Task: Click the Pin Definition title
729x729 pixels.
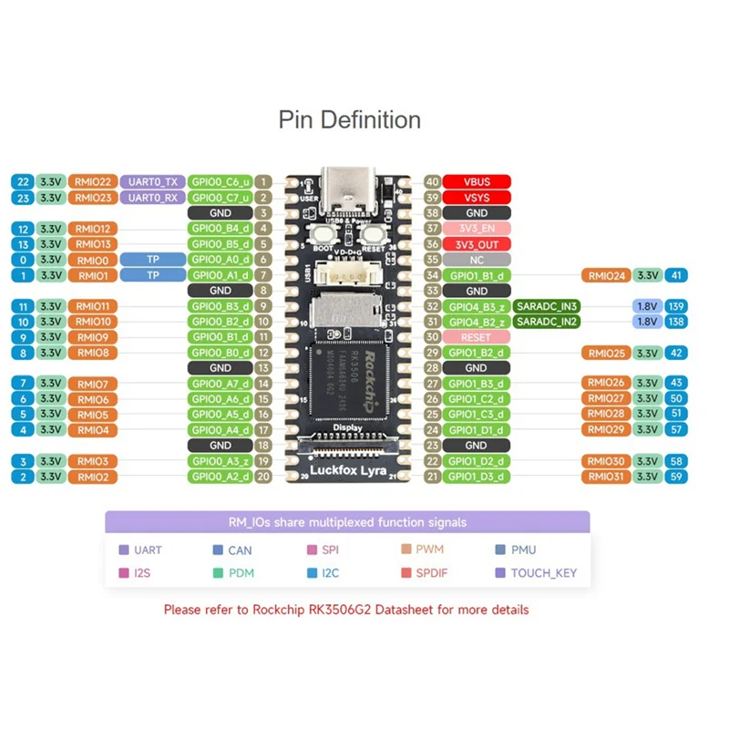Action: coord(350,120)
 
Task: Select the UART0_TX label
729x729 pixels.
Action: coord(152,182)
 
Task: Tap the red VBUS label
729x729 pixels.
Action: coord(477,182)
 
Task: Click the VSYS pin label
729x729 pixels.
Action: coord(477,198)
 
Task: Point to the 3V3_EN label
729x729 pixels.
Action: coord(477,229)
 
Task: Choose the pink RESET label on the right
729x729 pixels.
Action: coord(477,337)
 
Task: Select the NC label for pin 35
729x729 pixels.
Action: coord(477,260)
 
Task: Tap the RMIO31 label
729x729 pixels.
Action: coord(606,477)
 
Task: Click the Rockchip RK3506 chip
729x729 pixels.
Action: coord(349,374)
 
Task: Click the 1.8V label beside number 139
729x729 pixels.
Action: coord(646,306)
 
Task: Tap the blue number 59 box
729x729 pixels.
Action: coord(676,477)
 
